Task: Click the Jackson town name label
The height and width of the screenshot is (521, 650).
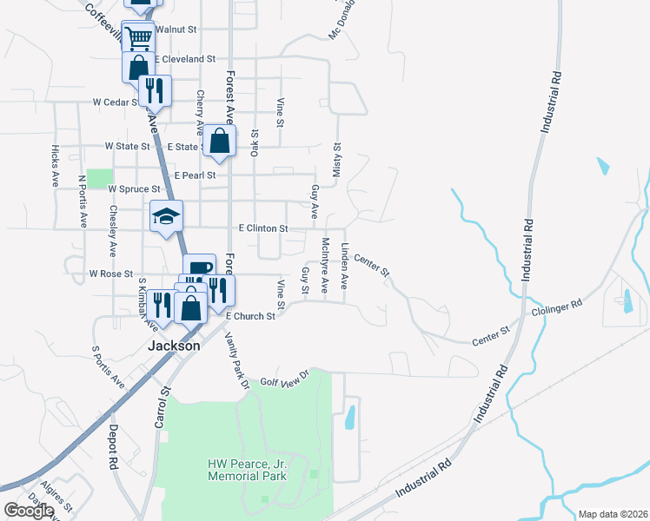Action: pos(174,345)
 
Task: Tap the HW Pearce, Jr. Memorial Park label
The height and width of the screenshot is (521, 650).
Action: pos(247,471)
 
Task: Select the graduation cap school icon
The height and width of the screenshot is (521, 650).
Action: pos(166,216)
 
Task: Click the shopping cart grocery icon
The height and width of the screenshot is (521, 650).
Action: pos(138,37)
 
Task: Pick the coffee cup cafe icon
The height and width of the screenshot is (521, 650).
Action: pos(199,267)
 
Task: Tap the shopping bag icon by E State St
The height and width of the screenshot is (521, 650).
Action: pos(221,142)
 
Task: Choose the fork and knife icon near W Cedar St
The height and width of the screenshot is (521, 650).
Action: pos(155,89)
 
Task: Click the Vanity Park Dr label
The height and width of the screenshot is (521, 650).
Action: pos(236,359)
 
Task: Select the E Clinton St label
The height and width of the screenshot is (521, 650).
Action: pos(262,228)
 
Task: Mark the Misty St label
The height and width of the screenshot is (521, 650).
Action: pos(337,158)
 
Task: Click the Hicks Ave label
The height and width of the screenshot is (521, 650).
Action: pos(55,166)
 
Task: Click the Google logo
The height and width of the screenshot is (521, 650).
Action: pos(29,511)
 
